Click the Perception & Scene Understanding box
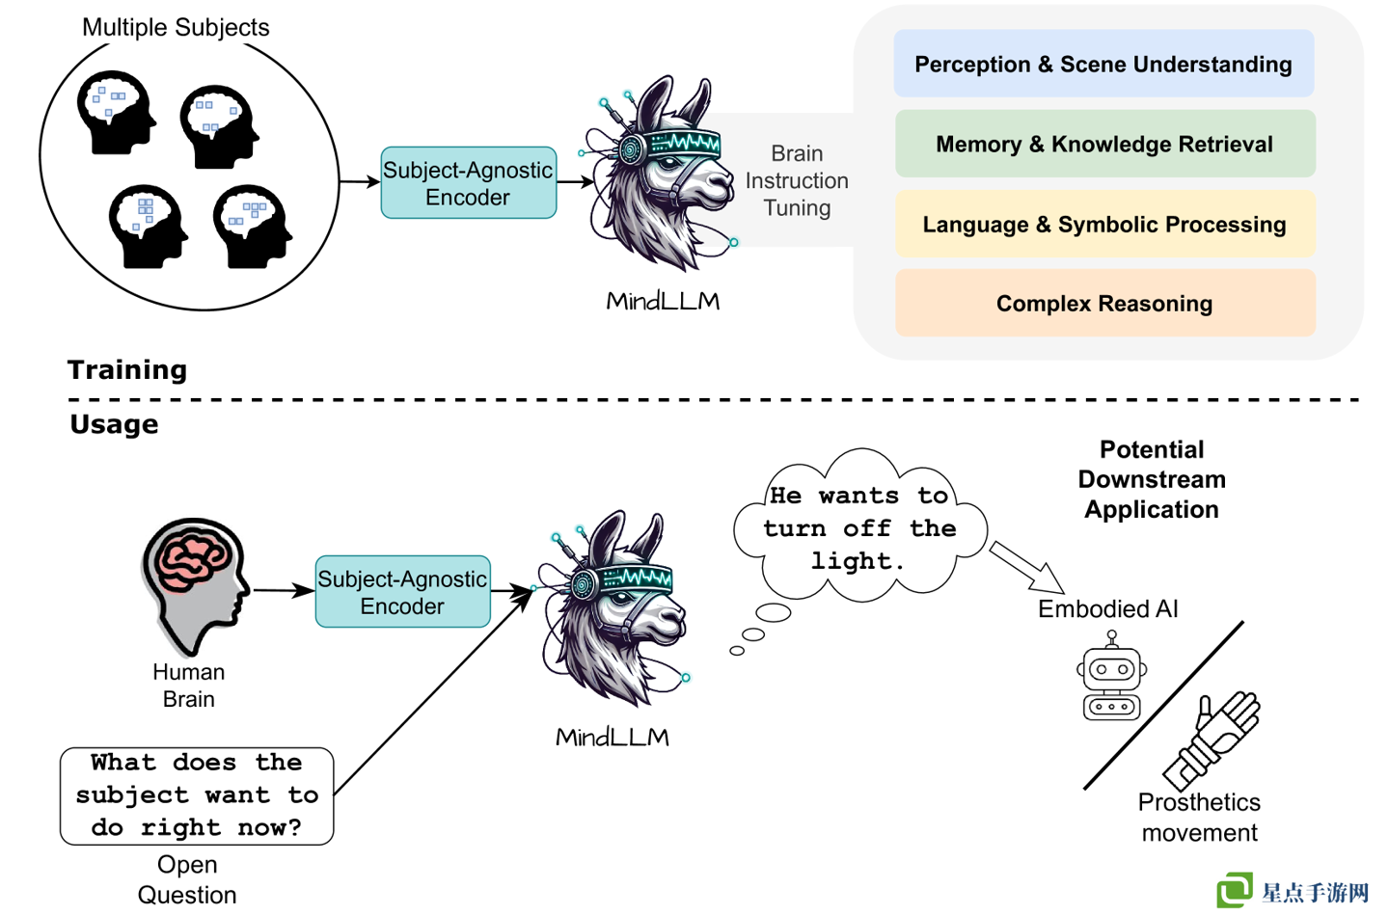(x=1103, y=64)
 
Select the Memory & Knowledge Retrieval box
(x=1104, y=144)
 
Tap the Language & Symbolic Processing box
(x=1104, y=224)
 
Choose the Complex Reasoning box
(x=1104, y=303)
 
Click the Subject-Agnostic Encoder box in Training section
(x=468, y=183)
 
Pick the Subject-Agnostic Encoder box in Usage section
(x=402, y=592)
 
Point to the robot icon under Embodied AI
(x=1112, y=679)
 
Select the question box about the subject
(x=197, y=795)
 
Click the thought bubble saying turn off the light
(x=858, y=527)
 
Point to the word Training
(x=127, y=370)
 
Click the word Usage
(x=114, y=424)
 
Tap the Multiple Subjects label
(x=176, y=27)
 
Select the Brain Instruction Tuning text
(x=797, y=180)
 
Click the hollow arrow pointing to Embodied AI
(x=1026, y=567)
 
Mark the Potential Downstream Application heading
(x=1152, y=479)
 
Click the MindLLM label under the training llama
(x=663, y=301)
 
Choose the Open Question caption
(x=187, y=879)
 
